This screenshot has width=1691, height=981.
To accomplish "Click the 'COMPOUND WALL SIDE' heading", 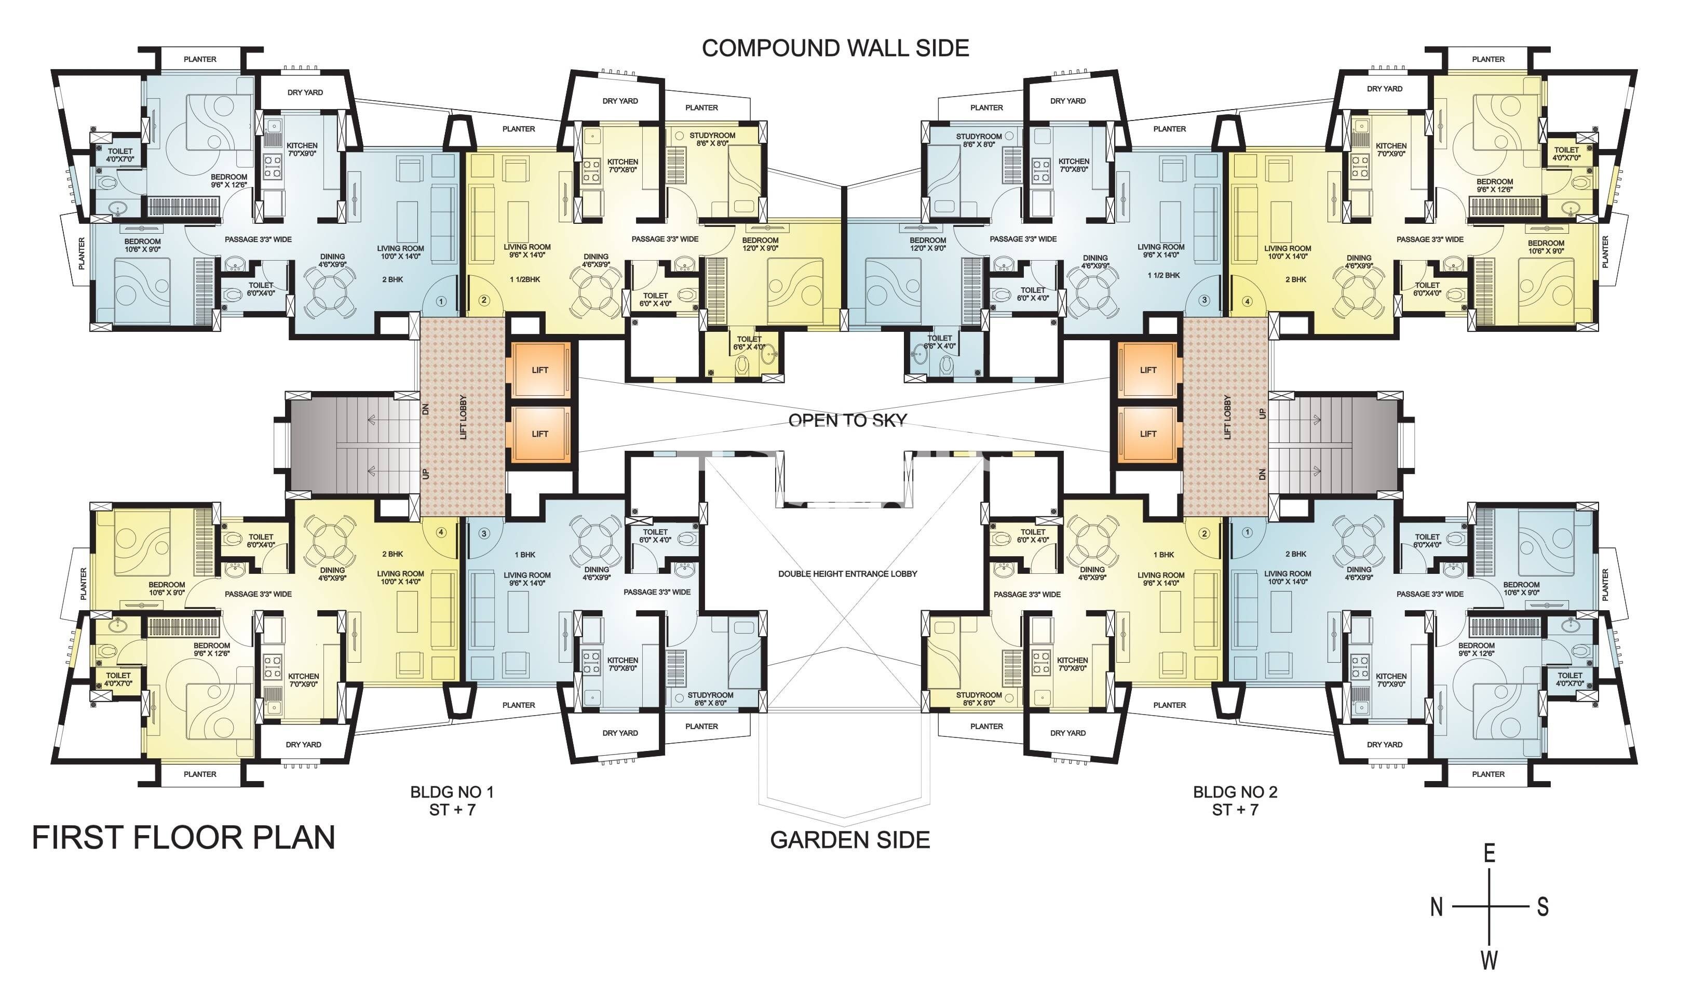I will click(x=835, y=48).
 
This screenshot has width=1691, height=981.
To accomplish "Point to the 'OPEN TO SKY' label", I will click(x=847, y=421).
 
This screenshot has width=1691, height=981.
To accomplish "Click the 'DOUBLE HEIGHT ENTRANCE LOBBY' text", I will click(x=847, y=574).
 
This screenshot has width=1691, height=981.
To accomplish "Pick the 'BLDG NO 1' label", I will click(x=452, y=792).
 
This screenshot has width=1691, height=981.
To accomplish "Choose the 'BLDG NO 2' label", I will click(x=1235, y=792).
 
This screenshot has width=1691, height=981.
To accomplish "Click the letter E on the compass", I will click(x=1489, y=854).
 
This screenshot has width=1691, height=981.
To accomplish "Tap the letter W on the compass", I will click(x=1489, y=961).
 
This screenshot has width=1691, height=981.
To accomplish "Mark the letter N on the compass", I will click(x=1436, y=907).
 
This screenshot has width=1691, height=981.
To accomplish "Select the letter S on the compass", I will click(x=1543, y=907).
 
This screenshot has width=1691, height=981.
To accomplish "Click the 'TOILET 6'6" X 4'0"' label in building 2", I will click(x=939, y=342).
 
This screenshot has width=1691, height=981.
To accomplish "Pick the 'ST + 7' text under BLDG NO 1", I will click(x=452, y=810).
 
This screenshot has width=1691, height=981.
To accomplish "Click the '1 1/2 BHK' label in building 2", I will click(x=1164, y=276).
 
